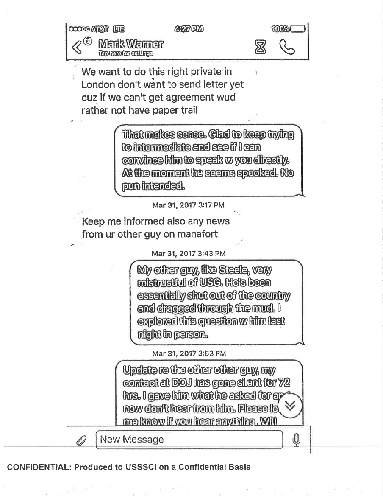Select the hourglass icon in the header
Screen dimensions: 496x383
coord(259,48)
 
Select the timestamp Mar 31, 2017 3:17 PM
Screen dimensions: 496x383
coord(188,205)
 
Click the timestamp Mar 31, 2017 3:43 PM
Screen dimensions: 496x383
coord(189,254)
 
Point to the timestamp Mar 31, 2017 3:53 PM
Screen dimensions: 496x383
coord(189,353)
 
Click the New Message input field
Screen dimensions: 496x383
coord(189,439)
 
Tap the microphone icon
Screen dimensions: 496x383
coord(297,440)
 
